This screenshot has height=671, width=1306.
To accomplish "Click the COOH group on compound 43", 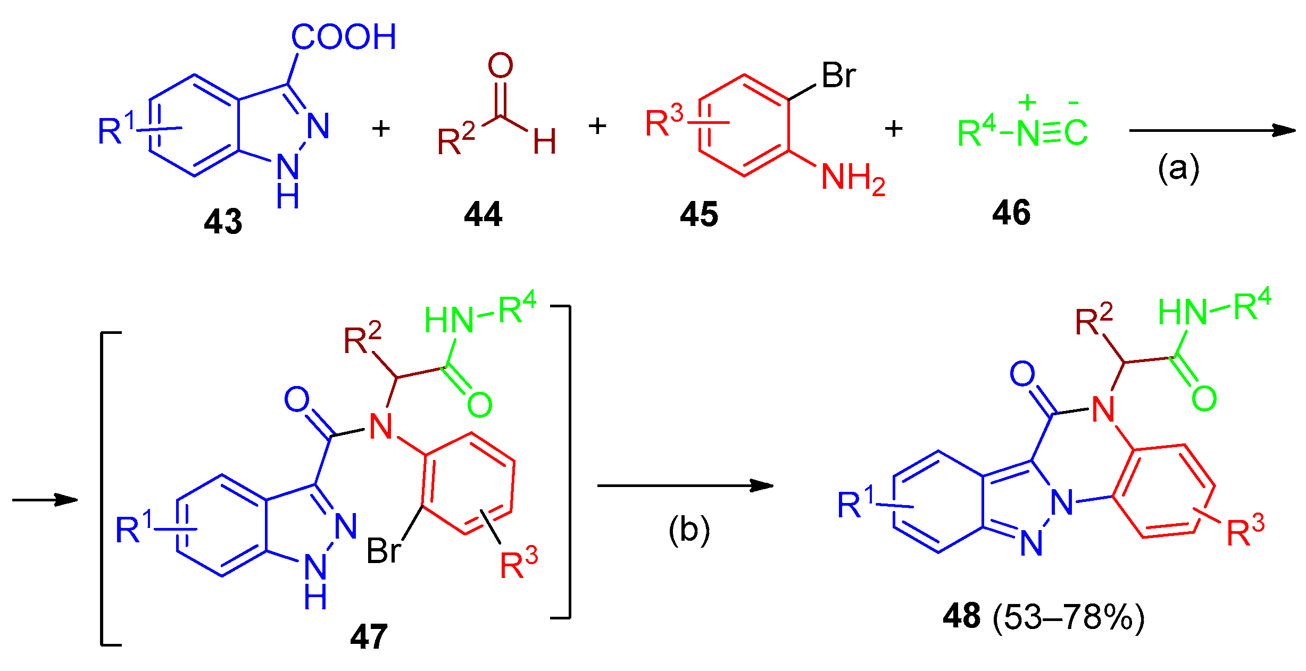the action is click(x=344, y=37).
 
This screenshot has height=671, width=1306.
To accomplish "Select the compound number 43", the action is click(x=223, y=221).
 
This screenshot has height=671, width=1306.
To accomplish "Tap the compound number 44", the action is click(x=483, y=214).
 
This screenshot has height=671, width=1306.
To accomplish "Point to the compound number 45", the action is click(x=699, y=214).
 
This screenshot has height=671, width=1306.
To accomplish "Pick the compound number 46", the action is click(x=1011, y=213).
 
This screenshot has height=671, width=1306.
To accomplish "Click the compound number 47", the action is click(x=369, y=636).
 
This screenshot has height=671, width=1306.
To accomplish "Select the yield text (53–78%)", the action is click(x=1069, y=617).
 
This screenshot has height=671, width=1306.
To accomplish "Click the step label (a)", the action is click(x=1179, y=168).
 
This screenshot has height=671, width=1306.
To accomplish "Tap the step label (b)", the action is click(x=689, y=530).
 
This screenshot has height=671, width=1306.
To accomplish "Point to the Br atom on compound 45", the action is click(x=839, y=75).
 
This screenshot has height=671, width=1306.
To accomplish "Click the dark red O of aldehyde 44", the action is click(x=501, y=65).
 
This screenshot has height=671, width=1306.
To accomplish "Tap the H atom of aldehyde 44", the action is click(x=545, y=141).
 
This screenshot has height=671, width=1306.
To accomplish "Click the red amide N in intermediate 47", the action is click(x=381, y=426).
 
